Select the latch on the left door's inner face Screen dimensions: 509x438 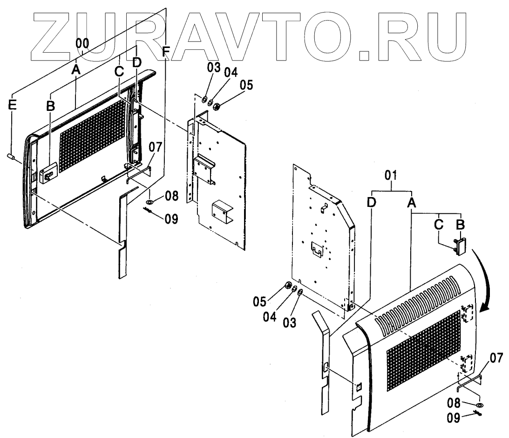[x=47, y=175]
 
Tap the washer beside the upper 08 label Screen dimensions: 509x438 [x=150, y=202]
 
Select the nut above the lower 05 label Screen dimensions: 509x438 [x=287, y=286]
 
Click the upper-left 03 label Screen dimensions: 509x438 [x=214, y=67]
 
